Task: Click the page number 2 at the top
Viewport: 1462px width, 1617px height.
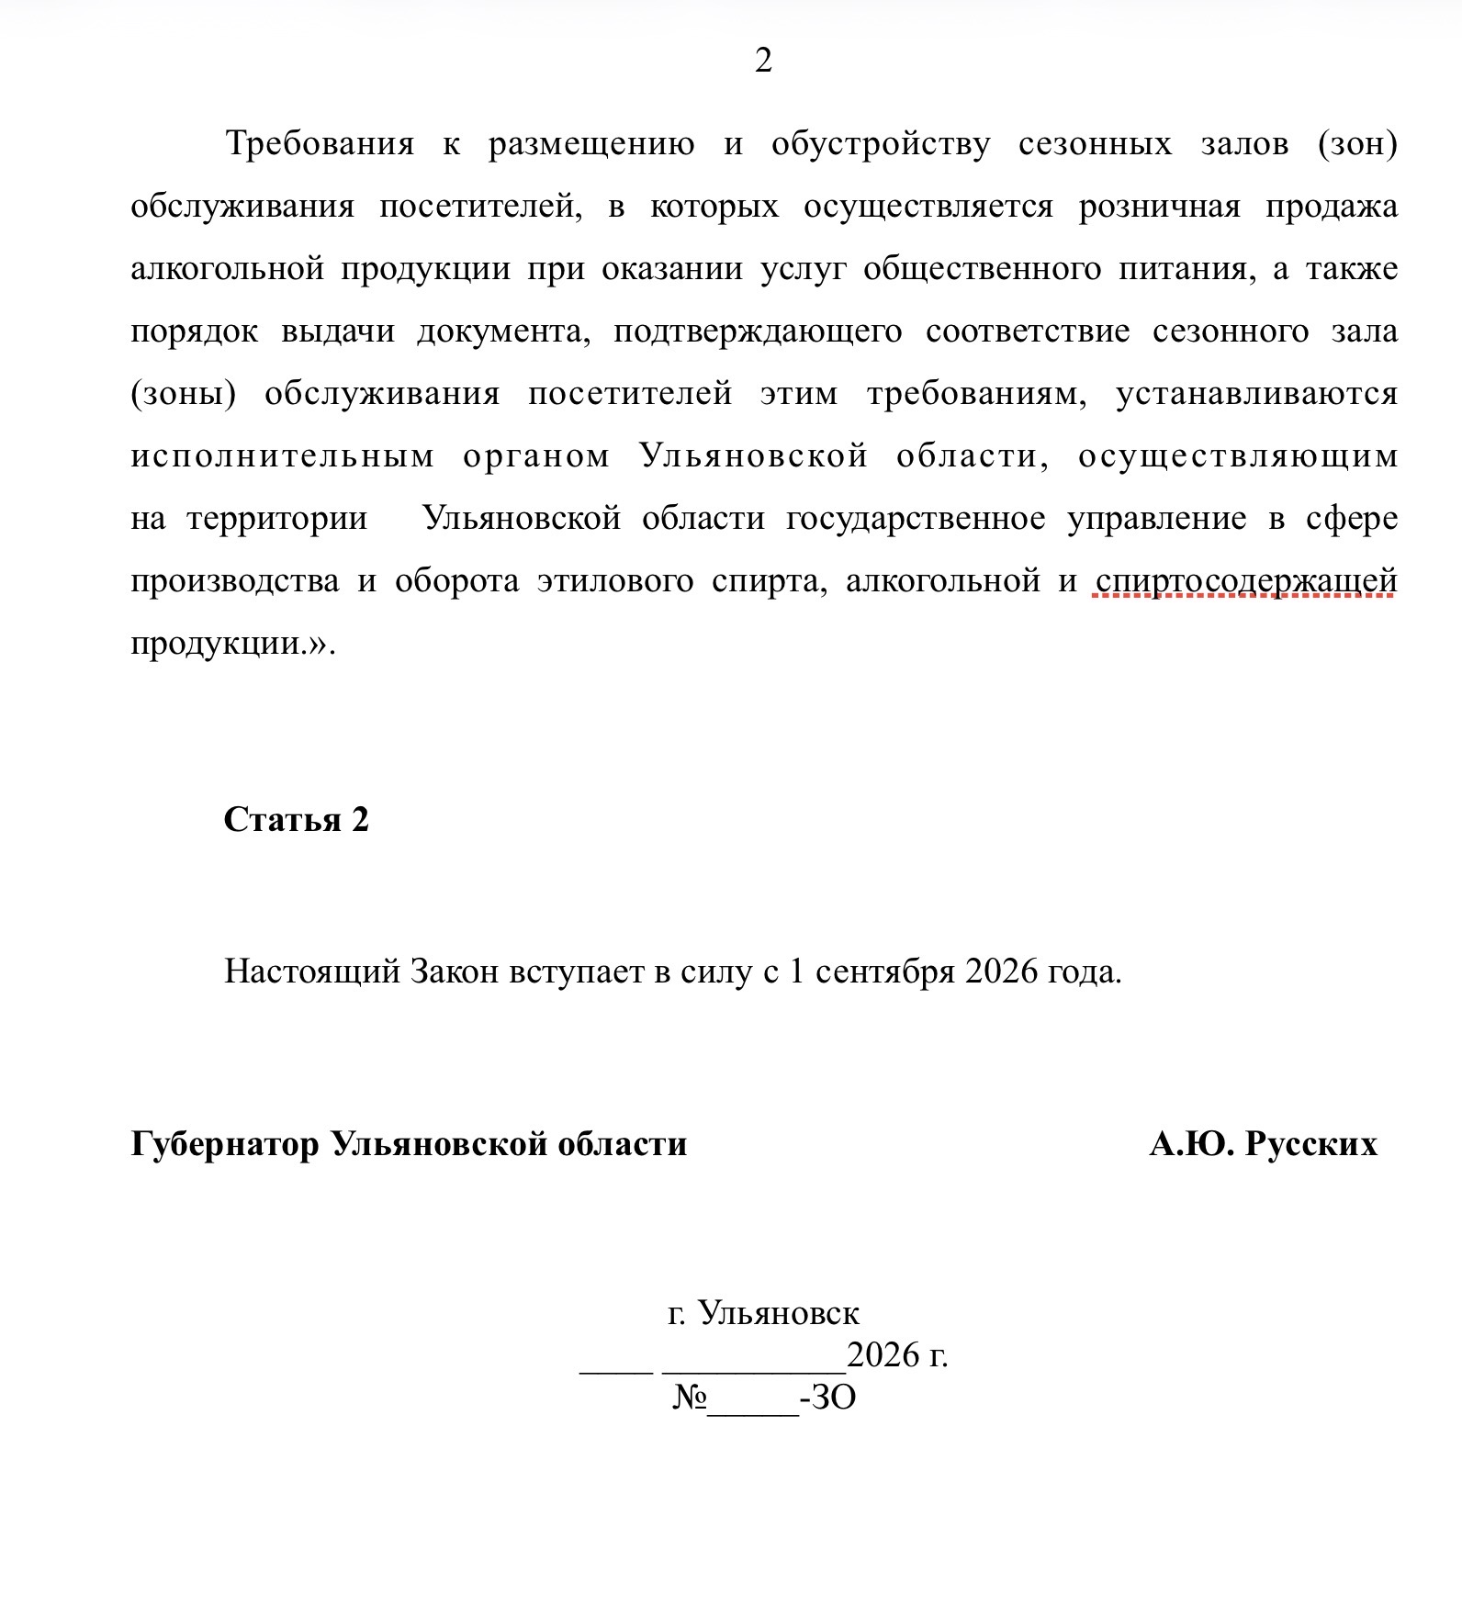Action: [x=763, y=61]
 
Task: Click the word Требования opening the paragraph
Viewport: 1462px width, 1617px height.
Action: [x=320, y=144]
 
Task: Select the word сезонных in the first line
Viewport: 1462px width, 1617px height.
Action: [x=1095, y=144]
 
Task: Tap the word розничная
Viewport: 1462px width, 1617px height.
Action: [x=1159, y=207]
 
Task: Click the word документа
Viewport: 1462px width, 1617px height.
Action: [x=503, y=331]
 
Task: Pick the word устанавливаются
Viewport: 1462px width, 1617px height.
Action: [x=1256, y=394]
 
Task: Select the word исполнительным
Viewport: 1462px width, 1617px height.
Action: [x=283, y=456]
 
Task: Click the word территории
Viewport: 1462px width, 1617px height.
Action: [x=277, y=519]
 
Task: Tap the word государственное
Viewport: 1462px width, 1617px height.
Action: [x=916, y=519]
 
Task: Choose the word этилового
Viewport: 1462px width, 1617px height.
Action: [x=615, y=581]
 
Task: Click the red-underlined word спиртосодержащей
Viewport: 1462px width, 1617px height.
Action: [x=1246, y=581]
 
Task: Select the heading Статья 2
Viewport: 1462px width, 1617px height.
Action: [x=296, y=819]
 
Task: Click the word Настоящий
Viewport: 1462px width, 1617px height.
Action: [x=312, y=971]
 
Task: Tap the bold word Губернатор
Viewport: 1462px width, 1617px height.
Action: [x=225, y=1144]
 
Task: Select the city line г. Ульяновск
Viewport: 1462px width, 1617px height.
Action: [x=763, y=1313]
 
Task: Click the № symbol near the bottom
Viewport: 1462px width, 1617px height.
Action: [x=690, y=1398]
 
